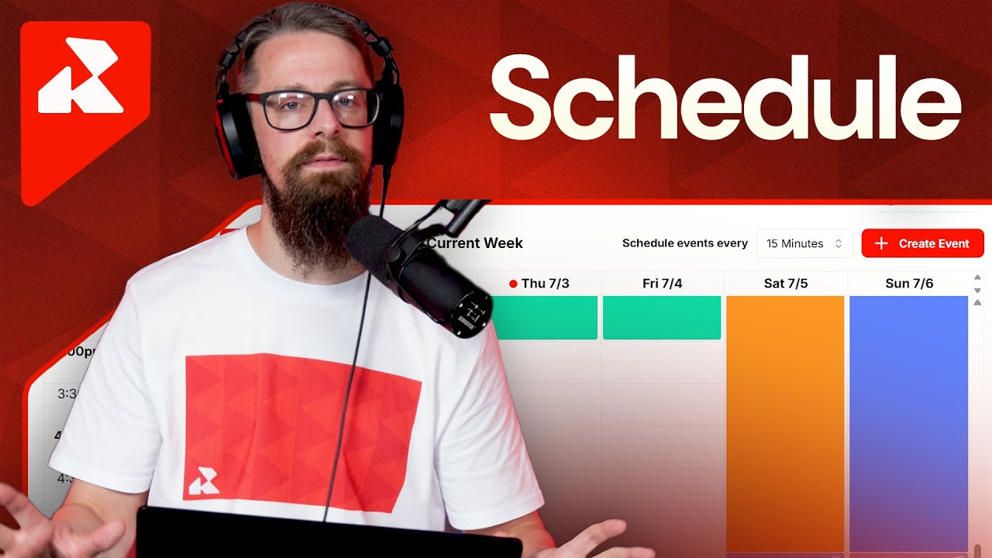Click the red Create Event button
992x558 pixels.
922,243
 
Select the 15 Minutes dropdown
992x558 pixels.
804,243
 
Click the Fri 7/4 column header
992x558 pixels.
662,284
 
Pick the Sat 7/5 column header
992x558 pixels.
785,284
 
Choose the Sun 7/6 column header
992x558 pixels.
909,284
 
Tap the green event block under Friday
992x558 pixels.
661,318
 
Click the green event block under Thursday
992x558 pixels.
546,318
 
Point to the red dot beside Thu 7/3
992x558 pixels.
513,284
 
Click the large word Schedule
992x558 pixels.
725,97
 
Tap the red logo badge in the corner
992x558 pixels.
84,101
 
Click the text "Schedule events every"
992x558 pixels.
684,243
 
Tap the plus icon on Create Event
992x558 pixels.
880,243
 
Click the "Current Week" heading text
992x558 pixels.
475,243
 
